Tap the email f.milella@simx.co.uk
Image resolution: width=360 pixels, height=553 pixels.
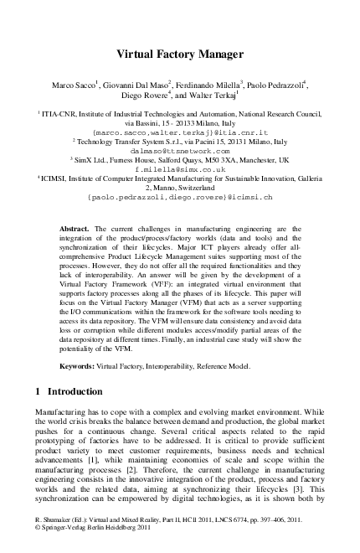pyautogui.click(x=180, y=168)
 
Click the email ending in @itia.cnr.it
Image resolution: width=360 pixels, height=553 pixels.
pyautogui.click(x=180, y=132)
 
